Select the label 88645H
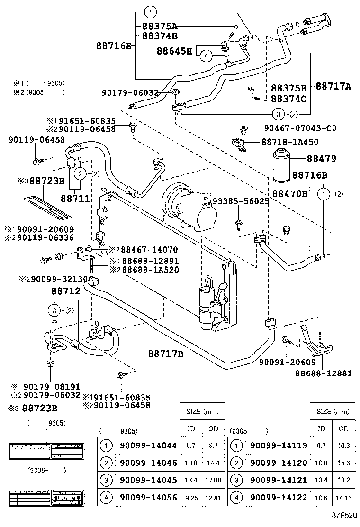click(x=174, y=51)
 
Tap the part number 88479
click(x=327, y=159)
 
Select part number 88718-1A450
click(x=289, y=142)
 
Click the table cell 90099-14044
click(x=148, y=445)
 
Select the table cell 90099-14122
click(x=279, y=497)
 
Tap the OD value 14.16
click(x=343, y=497)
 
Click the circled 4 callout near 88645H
click(x=206, y=56)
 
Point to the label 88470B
click(x=290, y=193)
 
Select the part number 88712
click(x=66, y=291)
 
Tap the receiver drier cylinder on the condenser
click(x=207, y=303)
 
